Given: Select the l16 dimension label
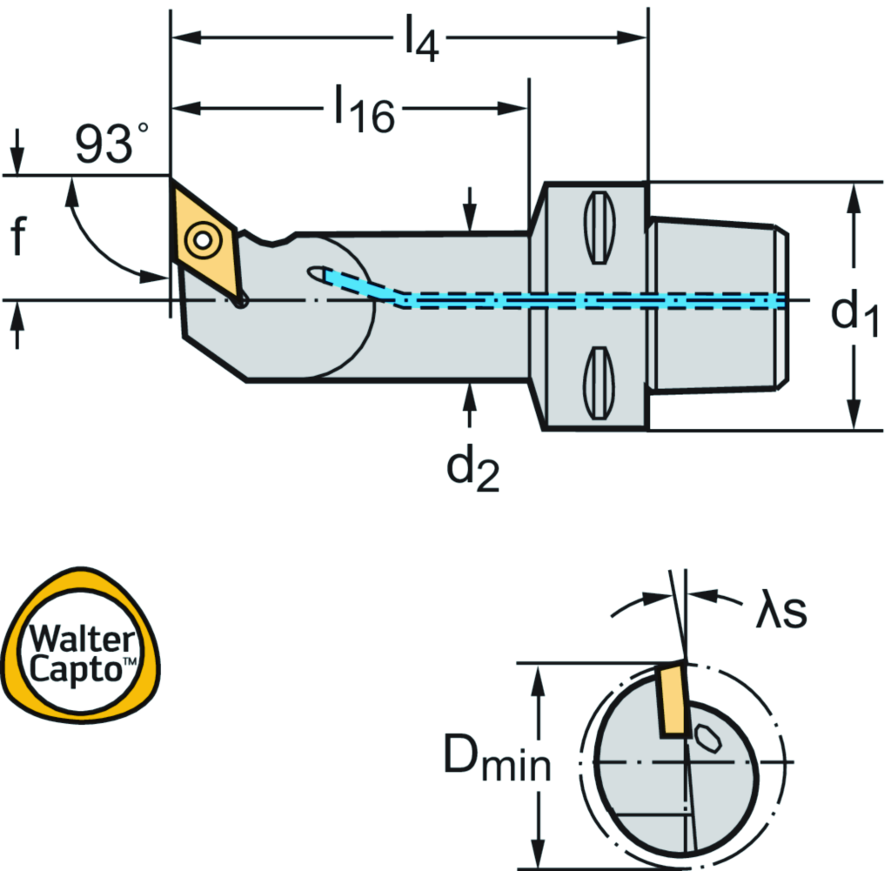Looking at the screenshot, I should tap(365, 111).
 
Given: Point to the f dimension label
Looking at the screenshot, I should tap(17, 238).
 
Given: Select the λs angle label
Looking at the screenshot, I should tap(780, 612).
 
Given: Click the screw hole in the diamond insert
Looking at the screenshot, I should tap(203, 238).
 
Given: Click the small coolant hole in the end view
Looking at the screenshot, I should tap(707, 740).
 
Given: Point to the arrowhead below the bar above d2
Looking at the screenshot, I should tap(471, 397).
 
